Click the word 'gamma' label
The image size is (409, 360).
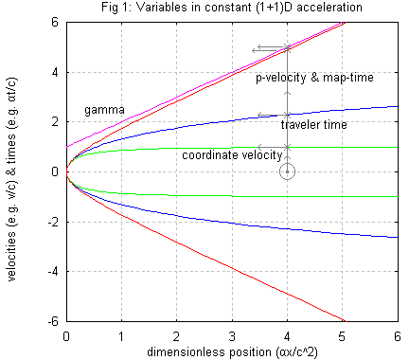[103, 111]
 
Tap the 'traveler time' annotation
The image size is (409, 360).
[313, 124]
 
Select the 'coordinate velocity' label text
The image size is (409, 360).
[231, 154]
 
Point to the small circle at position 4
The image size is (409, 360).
[288, 171]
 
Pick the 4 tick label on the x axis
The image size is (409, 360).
[288, 336]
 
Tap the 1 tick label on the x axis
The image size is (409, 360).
[121, 336]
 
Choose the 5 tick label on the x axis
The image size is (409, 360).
[343, 336]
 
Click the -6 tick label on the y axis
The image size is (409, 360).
[54, 322]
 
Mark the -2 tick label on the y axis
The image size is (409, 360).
[54, 222]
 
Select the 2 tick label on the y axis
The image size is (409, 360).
[57, 121]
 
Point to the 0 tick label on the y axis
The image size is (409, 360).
[57, 171]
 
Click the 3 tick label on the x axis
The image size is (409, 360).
[232, 336]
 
